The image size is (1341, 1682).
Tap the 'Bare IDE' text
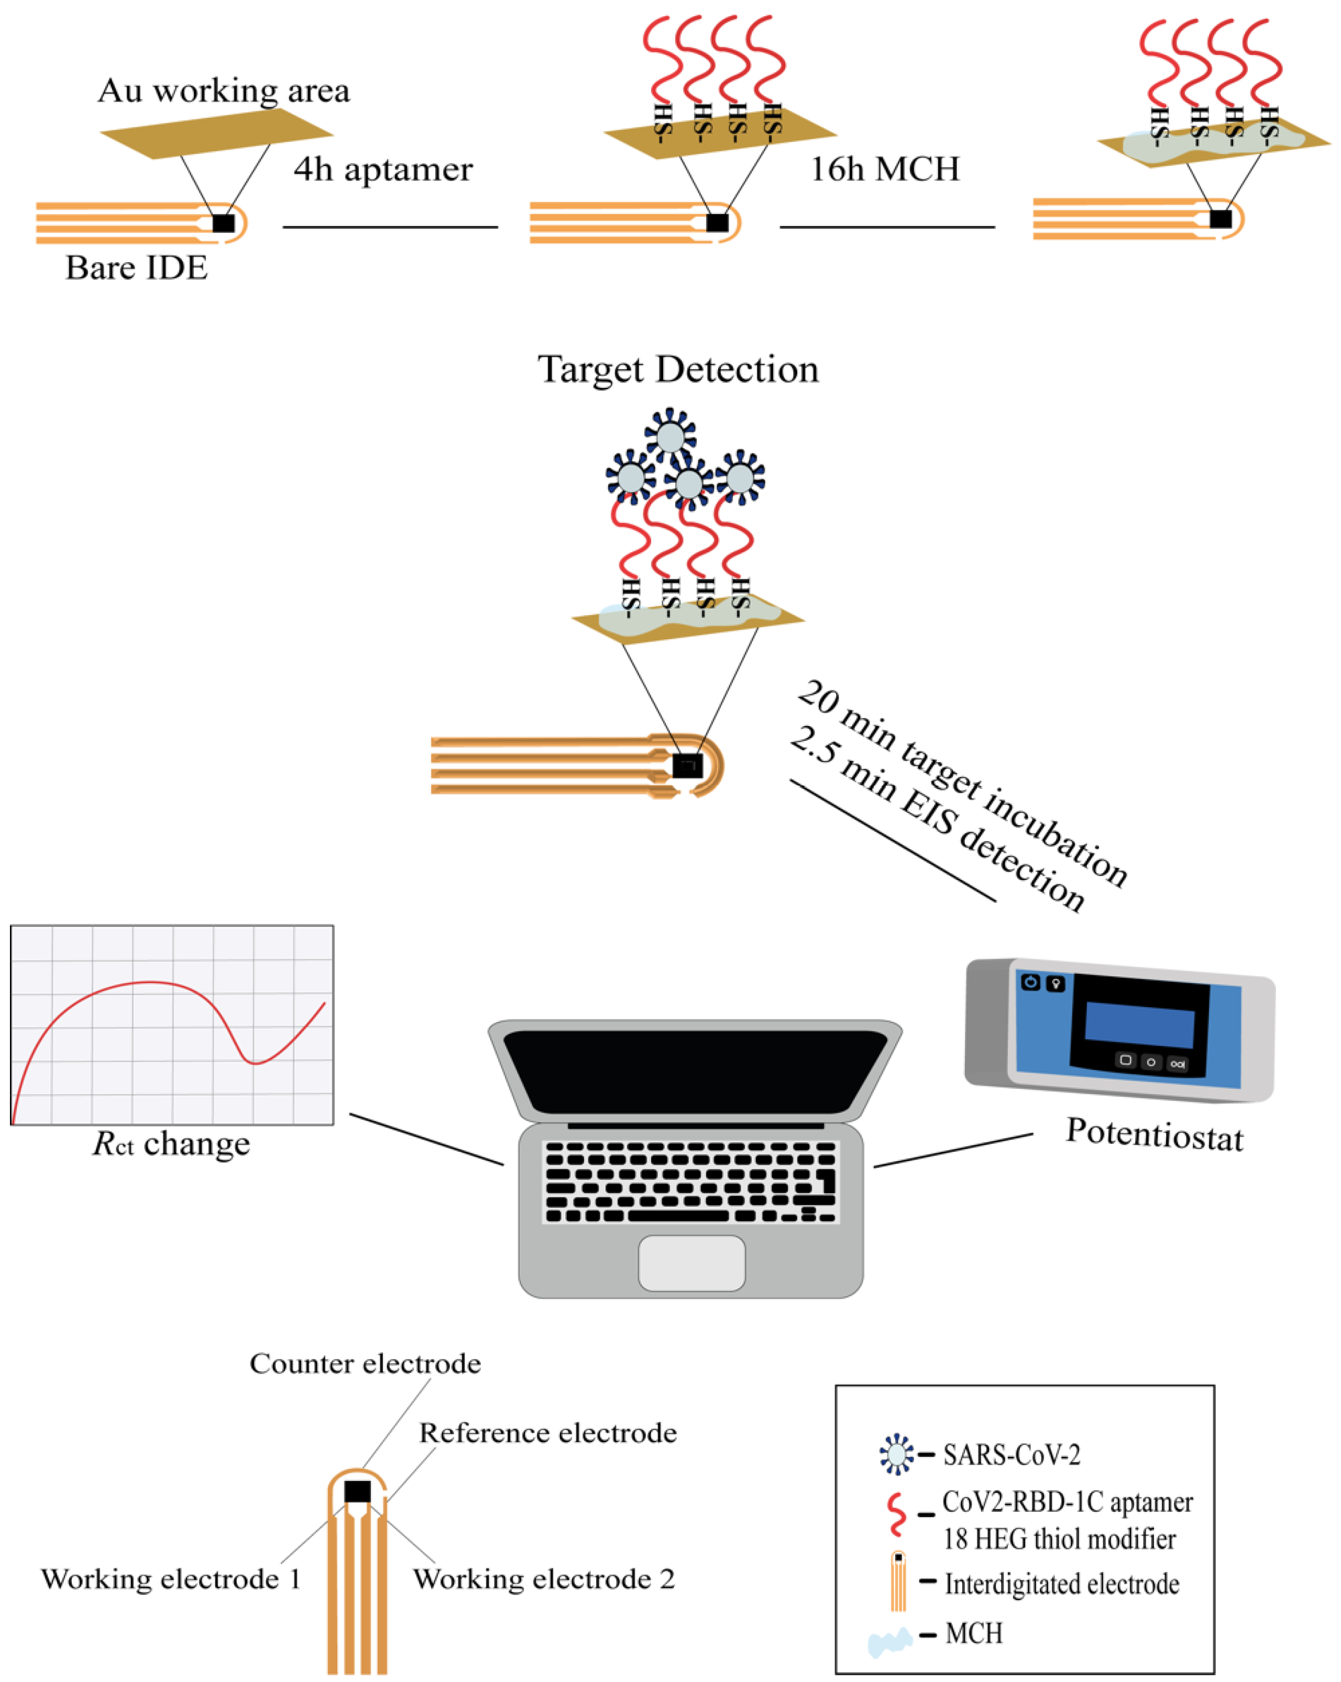(137, 268)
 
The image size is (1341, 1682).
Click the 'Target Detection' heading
(677, 369)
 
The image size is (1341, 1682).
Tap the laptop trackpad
(691, 1263)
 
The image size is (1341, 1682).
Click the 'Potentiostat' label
(1153, 1133)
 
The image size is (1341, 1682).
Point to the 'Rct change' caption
(172, 1144)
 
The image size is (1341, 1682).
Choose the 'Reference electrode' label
(548, 1433)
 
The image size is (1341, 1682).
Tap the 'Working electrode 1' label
(171, 1579)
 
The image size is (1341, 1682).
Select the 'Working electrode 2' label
(544, 1579)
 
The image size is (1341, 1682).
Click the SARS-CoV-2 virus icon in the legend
(896, 1454)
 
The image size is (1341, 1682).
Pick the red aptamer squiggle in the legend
(898, 1515)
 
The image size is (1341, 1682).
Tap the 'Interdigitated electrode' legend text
(1062, 1584)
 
